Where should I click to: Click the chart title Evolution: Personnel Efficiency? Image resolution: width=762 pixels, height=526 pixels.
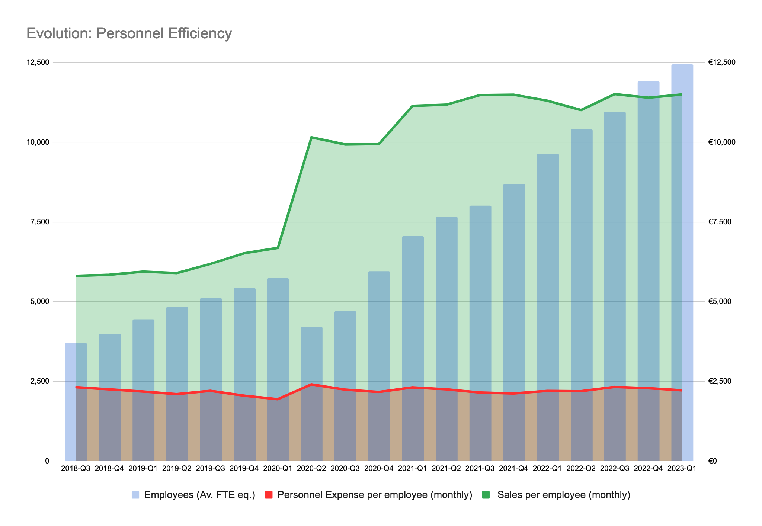(x=129, y=33)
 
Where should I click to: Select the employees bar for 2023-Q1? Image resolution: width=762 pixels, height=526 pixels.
(x=682, y=260)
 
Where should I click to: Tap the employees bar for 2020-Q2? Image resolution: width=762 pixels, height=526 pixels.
(x=311, y=394)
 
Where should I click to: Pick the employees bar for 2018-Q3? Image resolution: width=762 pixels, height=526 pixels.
(x=76, y=402)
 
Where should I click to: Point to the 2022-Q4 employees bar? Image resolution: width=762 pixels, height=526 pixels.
(x=648, y=272)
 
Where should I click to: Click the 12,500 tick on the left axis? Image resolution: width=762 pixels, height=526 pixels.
(x=37, y=62)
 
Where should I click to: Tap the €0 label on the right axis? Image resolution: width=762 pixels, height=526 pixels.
(x=713, y=461)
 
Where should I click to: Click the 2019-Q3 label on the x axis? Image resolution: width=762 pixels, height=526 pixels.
(x=211, y=469)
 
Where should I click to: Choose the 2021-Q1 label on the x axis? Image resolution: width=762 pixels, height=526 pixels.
(x=413, y=469)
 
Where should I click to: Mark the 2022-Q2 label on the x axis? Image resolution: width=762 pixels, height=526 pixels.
(x=581, y=469)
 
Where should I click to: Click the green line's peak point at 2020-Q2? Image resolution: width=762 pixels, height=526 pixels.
(x=311, y=137)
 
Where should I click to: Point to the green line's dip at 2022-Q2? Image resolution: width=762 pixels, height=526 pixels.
(x=581, y=110)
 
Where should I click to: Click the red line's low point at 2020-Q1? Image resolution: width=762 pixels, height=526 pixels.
(x=278, y=399)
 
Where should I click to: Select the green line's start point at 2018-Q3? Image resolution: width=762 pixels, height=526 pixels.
(x=76, y=276)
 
